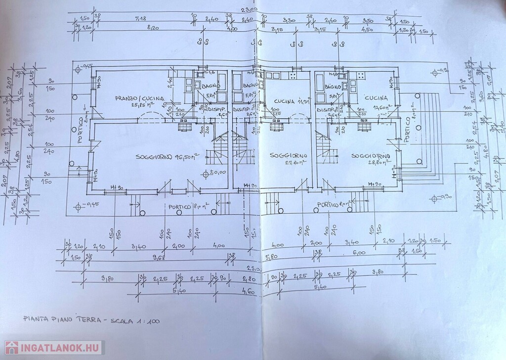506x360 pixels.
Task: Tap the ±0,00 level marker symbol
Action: coord(207,173)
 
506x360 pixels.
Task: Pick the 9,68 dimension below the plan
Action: coord(159,256)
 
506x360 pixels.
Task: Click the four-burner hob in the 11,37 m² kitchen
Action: coord(292,76)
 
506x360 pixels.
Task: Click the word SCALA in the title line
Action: coord(121,321)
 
